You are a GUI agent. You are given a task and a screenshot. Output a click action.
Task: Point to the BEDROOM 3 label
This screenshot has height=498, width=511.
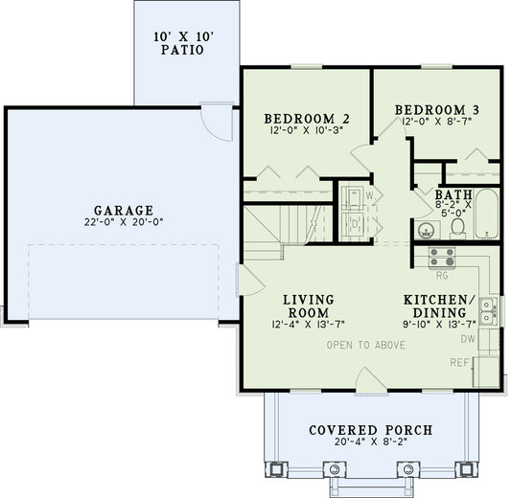click(x=437, y=110)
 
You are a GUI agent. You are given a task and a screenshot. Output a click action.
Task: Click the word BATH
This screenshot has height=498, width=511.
click(x=453, y=192)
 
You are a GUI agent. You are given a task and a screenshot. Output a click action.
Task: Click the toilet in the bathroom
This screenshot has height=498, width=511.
click(x=458, y=226)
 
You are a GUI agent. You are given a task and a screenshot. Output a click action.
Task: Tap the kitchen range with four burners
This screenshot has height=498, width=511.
click(x=441, y=257)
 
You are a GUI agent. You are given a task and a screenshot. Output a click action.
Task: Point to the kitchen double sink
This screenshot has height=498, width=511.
click(x=488, y=308)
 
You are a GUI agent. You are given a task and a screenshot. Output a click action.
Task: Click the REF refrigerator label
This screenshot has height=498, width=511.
click(x=461, y=362)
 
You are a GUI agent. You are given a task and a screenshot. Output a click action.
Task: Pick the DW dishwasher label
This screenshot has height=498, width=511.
click(x=467, y=338)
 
